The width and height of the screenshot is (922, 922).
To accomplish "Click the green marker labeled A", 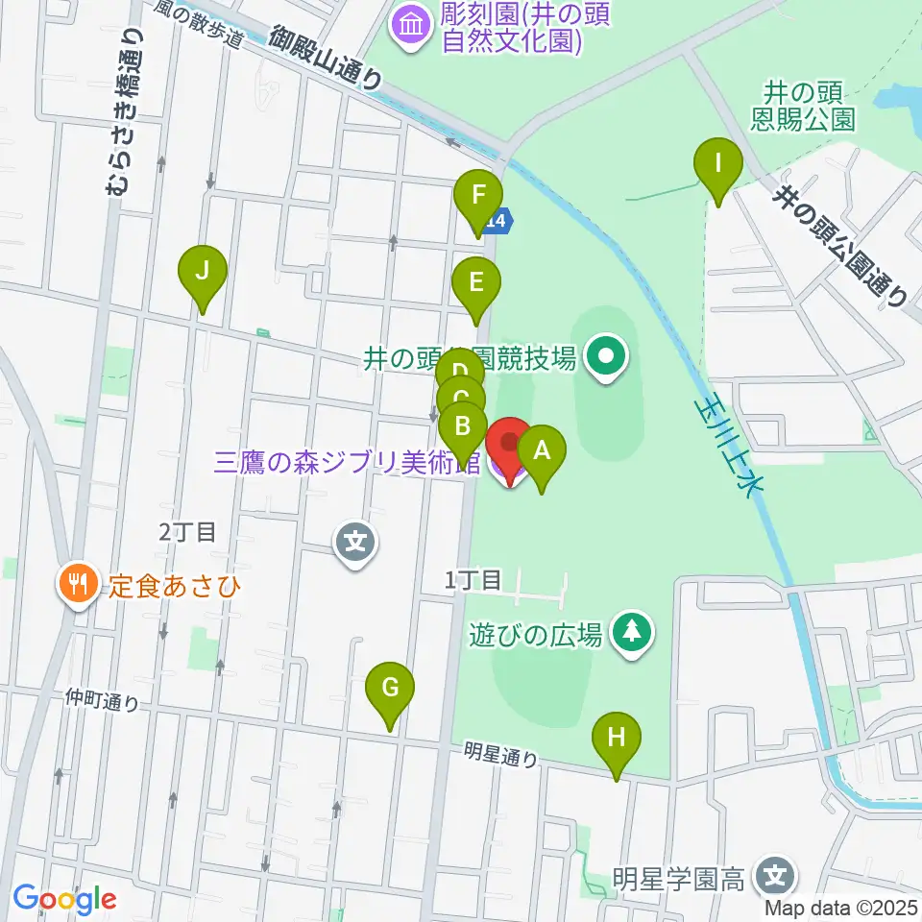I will point(542,449).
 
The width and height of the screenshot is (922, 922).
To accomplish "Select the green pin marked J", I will point(202,271).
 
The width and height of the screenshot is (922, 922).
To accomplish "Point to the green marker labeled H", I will point(617,738).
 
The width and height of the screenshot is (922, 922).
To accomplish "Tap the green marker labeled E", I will point(475,284).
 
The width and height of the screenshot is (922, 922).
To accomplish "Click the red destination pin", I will point(509,445).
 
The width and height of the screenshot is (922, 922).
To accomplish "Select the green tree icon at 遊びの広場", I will point(632,632).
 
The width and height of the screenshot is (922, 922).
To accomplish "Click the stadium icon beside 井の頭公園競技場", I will point(606,359).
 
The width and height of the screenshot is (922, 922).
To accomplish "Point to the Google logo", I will point(64,900).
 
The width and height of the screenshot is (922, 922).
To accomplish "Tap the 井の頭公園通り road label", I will point(841,246).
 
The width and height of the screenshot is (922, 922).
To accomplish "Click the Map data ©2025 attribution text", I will point(840,906).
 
